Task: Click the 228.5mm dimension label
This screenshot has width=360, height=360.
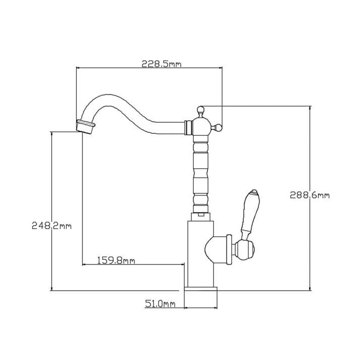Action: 161,64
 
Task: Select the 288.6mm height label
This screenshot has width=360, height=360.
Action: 309,195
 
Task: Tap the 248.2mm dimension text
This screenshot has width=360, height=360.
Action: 52,226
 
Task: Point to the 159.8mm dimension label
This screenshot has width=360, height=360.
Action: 116,261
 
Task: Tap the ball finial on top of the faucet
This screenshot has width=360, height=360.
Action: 201,109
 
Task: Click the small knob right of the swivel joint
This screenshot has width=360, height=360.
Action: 218,127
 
